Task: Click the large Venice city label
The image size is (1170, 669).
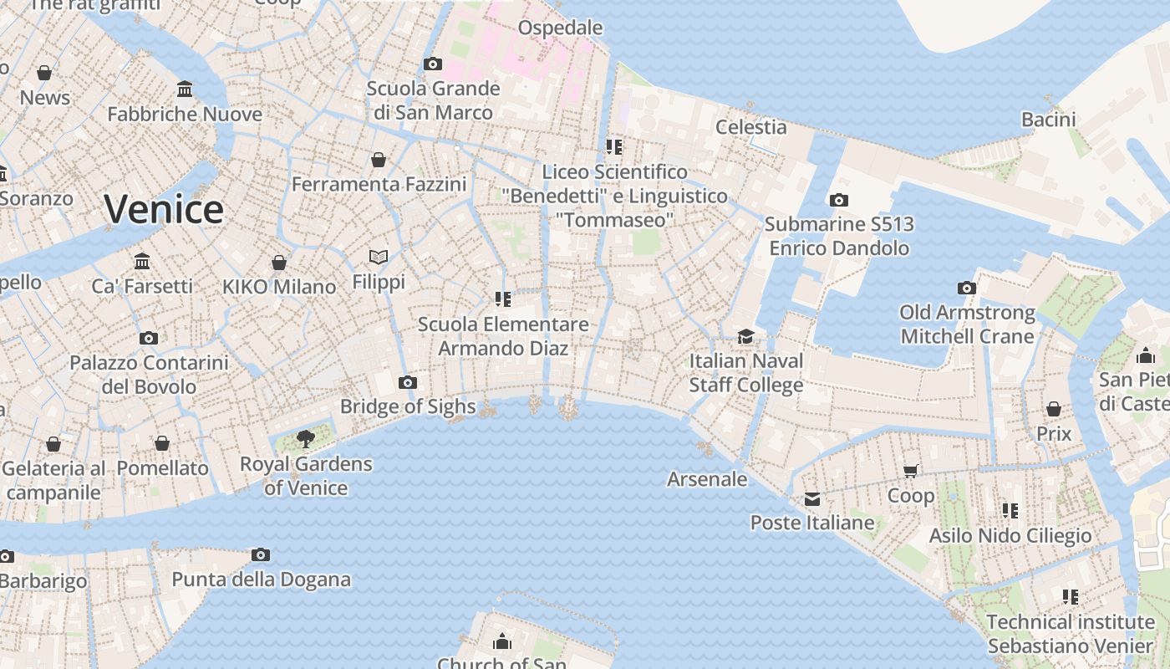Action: (164, 209)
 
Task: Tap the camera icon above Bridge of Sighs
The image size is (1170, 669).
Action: (408, 382)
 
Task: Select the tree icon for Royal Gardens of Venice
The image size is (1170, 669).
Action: (306, 438)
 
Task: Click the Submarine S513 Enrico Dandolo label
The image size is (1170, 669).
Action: (839, 236)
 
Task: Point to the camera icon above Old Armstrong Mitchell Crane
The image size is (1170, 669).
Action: (967, 288)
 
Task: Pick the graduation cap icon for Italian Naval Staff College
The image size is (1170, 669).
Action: (745, 336)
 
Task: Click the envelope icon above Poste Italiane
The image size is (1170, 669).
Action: (812, 499)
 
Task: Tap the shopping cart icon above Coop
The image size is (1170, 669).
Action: (911, 471)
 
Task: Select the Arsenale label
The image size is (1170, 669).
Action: (707, 479)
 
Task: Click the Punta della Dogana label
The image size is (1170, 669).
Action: (261, 579)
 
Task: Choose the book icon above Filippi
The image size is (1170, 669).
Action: (379, 257)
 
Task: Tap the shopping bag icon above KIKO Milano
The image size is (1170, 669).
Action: (279, 263)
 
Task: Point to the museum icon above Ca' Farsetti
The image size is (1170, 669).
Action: (142, 261)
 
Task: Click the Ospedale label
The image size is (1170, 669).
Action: (560, 28)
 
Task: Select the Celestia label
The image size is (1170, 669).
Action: (751, 127)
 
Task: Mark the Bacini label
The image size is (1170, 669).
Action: (1049, 120)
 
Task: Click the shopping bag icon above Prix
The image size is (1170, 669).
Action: (1054, 409)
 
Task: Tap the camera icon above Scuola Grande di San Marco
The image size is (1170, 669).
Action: (433, 64)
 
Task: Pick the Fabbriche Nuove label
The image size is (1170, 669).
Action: (185, 114)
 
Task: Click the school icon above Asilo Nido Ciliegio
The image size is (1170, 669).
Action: (1010, 510)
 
